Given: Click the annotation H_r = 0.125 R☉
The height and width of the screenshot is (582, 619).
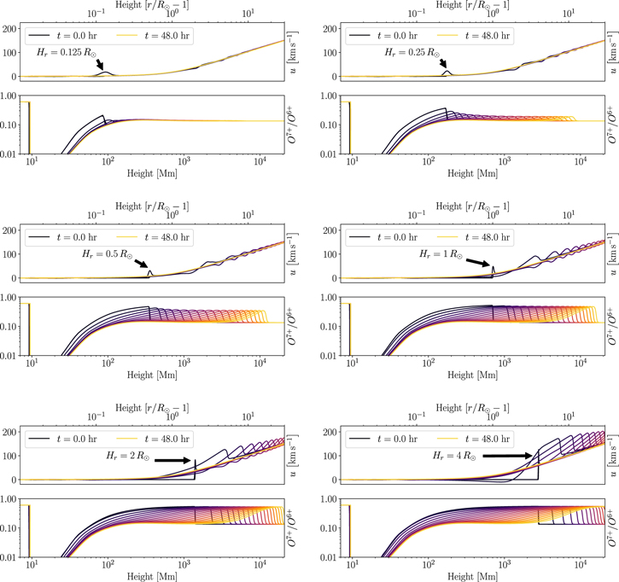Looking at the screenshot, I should click(x=64, y=53).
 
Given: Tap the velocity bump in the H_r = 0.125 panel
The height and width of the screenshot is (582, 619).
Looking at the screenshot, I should click(x=106, y=73).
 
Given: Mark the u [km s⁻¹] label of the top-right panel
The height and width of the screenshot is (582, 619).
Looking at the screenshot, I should click(x=610, y=52).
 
